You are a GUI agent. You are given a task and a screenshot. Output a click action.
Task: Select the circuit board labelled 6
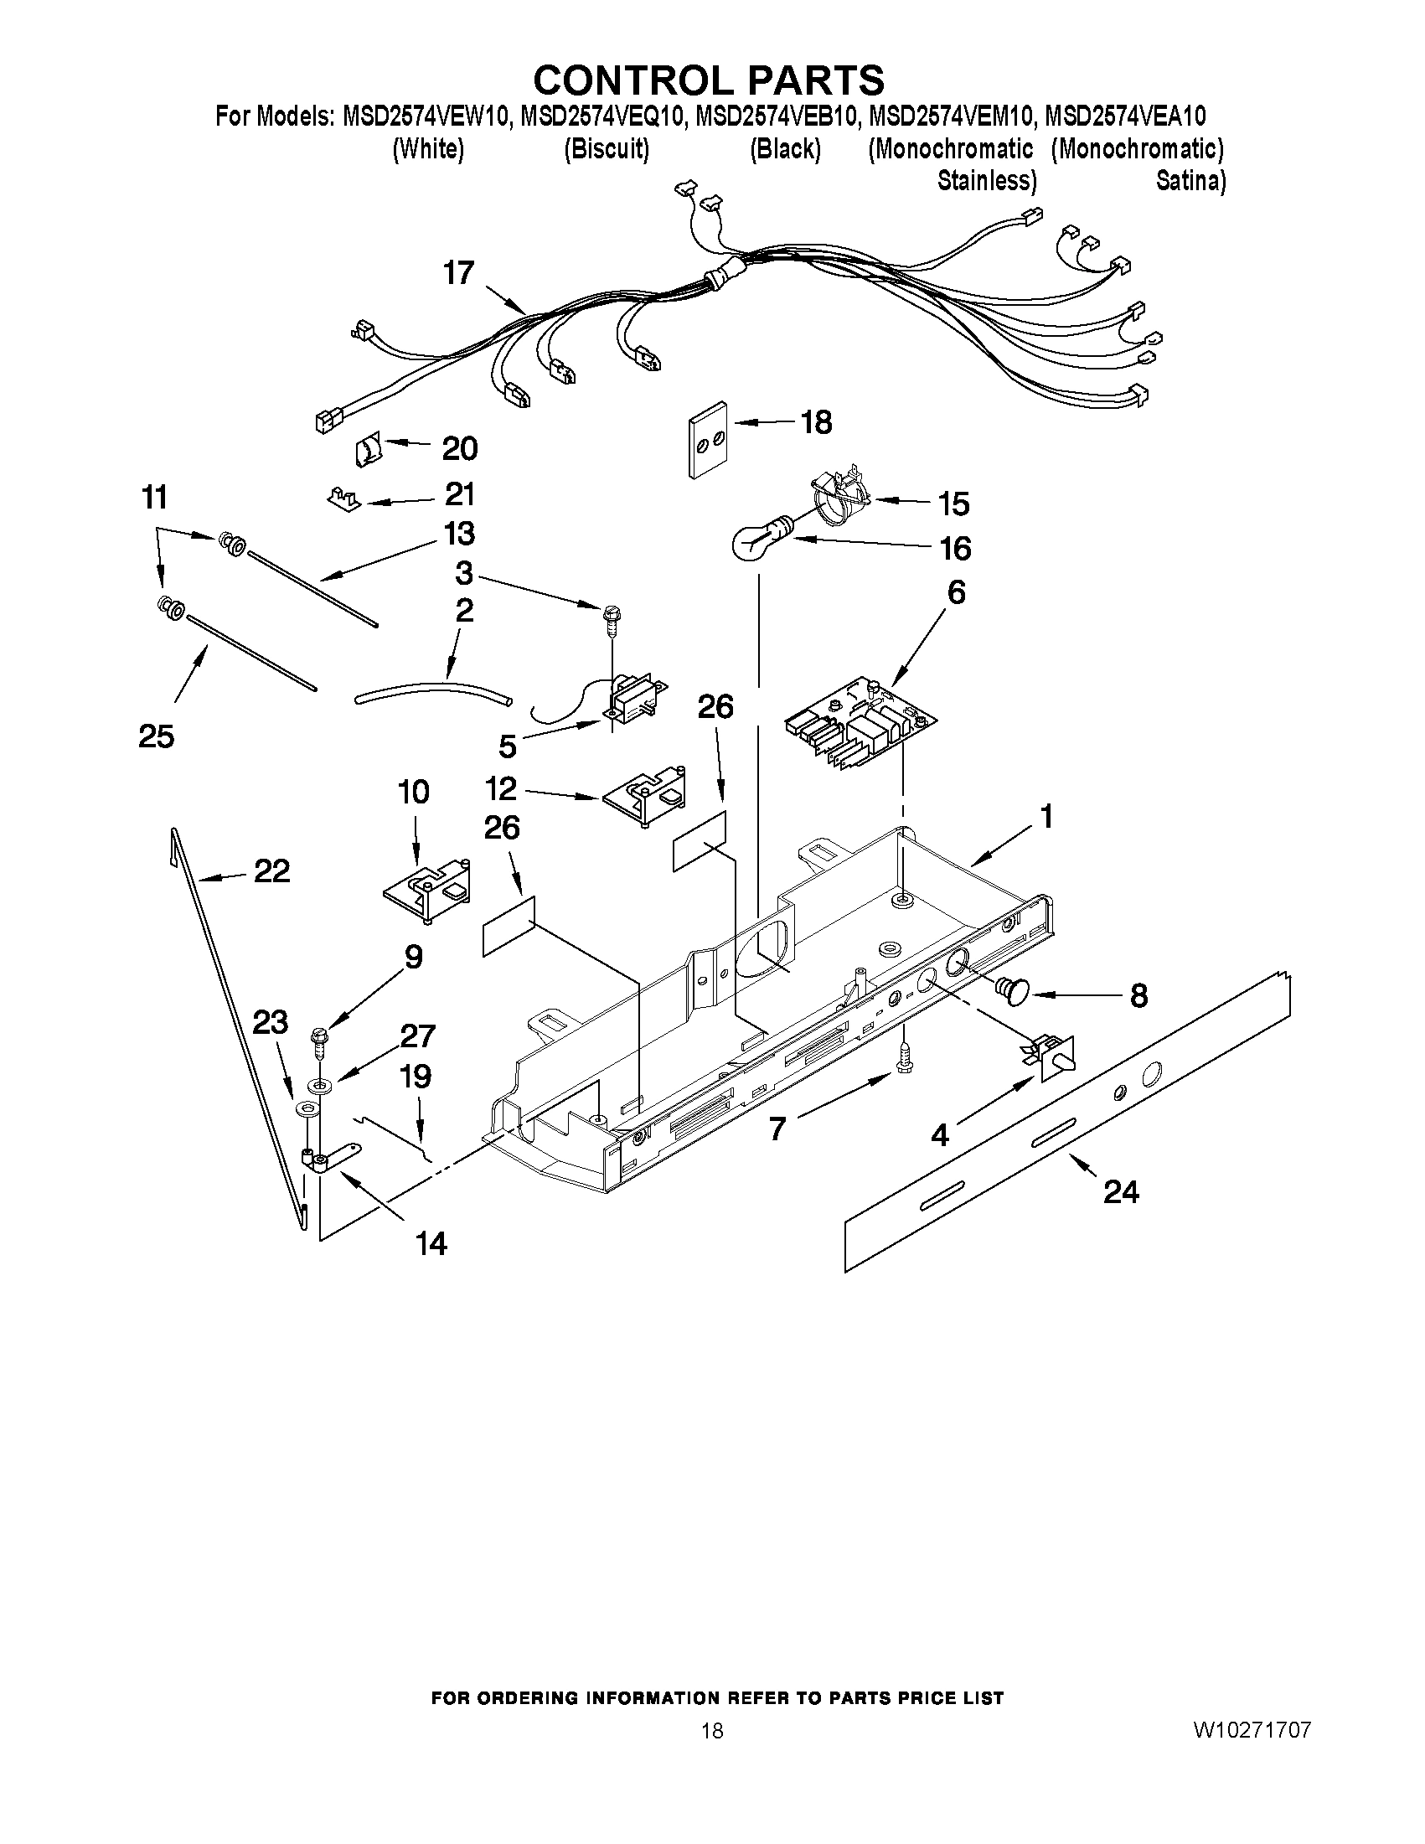coord(860,722)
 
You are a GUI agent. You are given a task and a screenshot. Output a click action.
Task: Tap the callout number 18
coord(816,421)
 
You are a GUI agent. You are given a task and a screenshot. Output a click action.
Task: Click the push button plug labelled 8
coord(1012,989)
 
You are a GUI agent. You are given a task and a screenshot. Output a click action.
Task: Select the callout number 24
coord(1120,1192)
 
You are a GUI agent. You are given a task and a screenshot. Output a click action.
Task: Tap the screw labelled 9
coord(320,1041)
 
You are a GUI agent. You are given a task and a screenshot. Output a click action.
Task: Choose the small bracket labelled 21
coord(343,498)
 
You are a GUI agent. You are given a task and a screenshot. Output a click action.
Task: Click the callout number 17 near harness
coord(459,274)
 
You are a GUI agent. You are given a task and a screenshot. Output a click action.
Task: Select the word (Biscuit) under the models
coord(607,149)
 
